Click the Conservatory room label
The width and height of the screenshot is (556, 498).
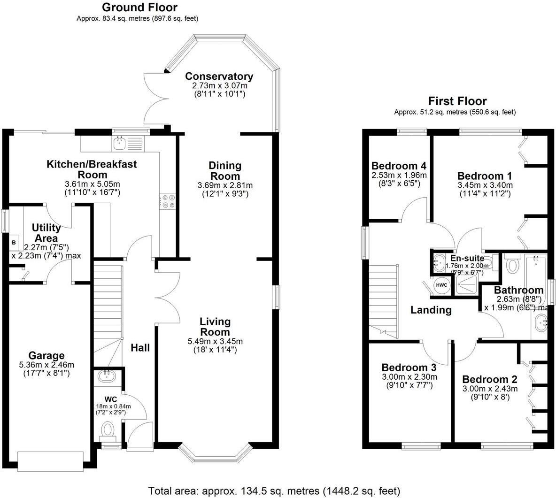pos(219,77)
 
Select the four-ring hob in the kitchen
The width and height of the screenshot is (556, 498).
pos(167,202)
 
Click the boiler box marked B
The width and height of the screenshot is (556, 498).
pos(14,243)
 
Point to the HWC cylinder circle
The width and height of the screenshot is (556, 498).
pos(441,285)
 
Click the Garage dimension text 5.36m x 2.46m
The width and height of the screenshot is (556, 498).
pos(46,365)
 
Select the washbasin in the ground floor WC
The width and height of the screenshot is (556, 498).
pos(107,375)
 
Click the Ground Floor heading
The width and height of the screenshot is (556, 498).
pos(139,8)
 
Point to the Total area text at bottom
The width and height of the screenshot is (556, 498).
pos(274,491)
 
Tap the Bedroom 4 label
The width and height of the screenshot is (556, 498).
pos(399,166)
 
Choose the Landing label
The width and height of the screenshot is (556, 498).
pos(431,310)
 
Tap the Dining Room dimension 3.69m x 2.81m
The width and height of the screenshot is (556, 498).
pos(225,185)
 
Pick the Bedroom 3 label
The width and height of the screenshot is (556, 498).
pos(409,367)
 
